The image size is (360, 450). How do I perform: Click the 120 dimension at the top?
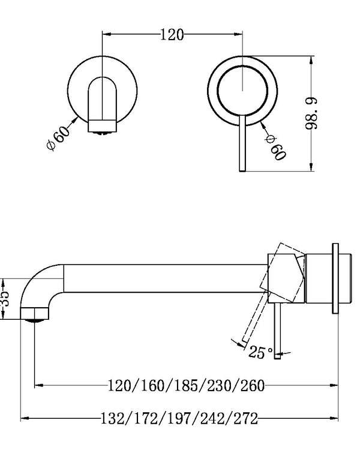172,34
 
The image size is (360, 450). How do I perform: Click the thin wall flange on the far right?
336,277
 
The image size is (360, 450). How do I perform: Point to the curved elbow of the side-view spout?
39,282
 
